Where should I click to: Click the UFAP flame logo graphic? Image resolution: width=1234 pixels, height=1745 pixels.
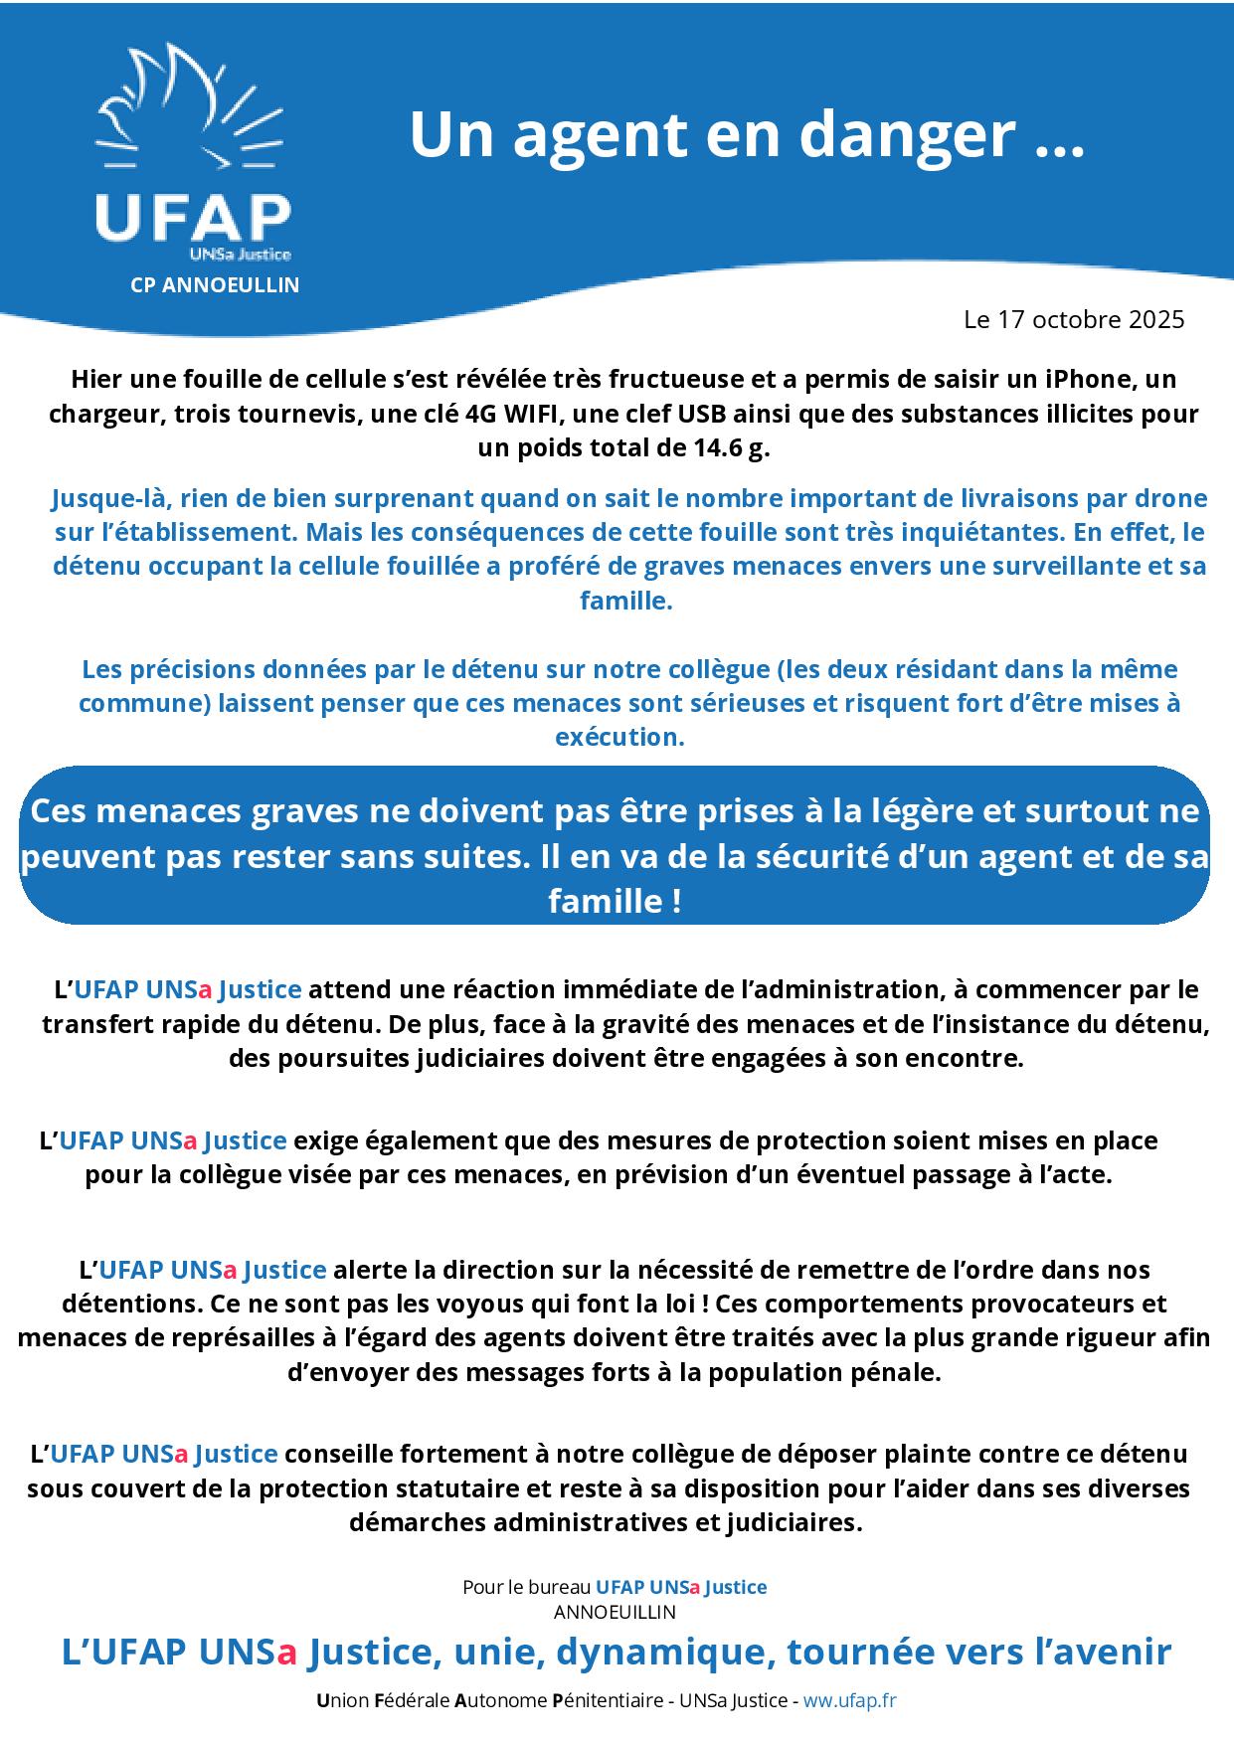coord(189,109)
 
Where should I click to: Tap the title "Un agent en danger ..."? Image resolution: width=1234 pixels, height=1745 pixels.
coord(746,134)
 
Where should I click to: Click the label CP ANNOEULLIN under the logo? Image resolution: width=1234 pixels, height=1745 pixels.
coord(215,285)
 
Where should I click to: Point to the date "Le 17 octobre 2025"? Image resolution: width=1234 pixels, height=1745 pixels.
coord(1074,319)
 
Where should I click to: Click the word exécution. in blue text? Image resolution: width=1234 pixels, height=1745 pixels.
coord(619,737)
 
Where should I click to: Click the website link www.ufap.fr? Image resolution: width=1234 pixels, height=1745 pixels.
coord(850,1700)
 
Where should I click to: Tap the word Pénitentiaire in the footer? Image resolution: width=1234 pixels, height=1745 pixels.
coord(608,1700)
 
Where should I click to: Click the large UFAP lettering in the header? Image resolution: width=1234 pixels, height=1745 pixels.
coord(193,218)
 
